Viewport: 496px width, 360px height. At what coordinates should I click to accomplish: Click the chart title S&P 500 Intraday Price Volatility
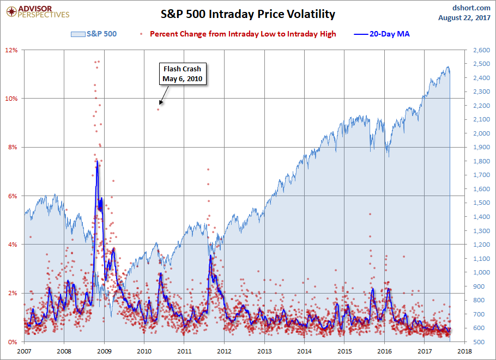247,14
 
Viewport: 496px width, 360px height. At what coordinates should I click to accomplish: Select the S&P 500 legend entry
94,34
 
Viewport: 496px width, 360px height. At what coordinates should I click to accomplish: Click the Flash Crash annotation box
182,74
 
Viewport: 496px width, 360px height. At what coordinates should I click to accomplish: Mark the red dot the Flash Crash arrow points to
159,109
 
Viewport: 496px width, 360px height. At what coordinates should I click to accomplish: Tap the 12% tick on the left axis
12,50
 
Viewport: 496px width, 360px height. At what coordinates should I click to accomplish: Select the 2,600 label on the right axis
475,50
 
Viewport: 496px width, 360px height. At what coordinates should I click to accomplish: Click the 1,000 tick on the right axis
475,272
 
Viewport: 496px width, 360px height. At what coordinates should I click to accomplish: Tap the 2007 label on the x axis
25,351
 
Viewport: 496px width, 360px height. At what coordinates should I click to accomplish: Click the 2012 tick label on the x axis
225,351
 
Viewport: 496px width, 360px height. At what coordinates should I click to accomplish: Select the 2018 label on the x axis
465,351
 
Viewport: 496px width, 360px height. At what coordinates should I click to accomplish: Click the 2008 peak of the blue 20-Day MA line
96,161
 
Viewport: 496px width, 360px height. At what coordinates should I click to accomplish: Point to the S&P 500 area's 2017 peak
448,67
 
